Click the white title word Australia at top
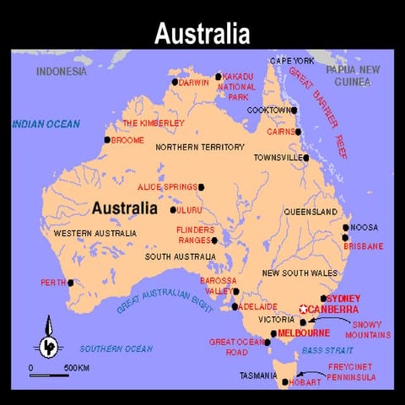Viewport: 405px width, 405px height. (x=202, y=33)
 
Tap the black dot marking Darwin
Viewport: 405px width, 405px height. (x=175, y=82)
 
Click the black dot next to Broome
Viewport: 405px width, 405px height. (x=107, y=140)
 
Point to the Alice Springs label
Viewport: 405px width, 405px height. (x=167, y=186)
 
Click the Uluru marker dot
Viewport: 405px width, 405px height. (x=173, y=210)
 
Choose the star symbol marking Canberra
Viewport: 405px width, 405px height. (x=303, y=310)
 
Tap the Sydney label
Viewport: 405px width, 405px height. (x=343, y=298)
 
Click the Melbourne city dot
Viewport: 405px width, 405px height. (x=273, y=333)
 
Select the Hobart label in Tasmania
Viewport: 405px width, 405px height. (x=304, y=383)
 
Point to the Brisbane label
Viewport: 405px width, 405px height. (x=364, y=246)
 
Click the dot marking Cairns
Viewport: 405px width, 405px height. (x=298, y=132)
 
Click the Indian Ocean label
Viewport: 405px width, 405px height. (x=46, y=125)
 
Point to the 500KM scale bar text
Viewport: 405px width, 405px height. (x=77, y=368)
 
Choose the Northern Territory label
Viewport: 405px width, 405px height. (x=200, y=147)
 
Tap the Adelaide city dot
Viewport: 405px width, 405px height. (x=235, y=306)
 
